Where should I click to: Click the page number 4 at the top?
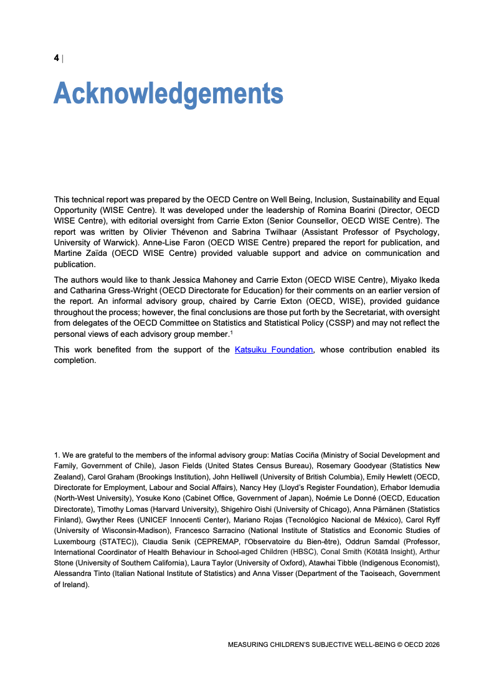(x=57, y=58)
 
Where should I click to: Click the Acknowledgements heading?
(x=168, y=93)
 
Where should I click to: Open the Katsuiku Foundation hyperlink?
(x=273, y=350)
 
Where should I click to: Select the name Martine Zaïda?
(x=80, y=253)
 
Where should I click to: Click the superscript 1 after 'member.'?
(x=231, y=331)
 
